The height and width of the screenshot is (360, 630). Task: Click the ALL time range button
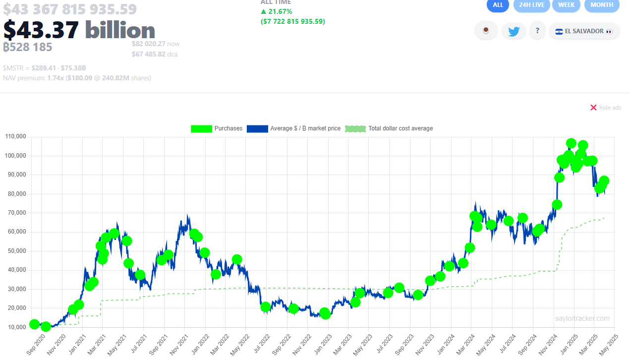(x=498, y=5)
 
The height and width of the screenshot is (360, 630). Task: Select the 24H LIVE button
(x=531, y=5)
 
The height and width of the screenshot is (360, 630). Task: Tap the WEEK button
(x=566, y=5)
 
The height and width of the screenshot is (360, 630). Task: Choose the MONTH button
(x=602, y=5)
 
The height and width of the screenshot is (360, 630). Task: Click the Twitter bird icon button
(x=514, y=31)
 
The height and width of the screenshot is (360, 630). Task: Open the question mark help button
(x=537, y=31)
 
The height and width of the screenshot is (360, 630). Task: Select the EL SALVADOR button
(x=584, y=31)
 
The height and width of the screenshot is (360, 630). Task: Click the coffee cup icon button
(x=486, y=31)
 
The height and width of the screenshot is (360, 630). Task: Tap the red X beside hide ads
(x=593, y=108)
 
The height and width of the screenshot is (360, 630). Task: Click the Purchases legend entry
(x=217, y=128)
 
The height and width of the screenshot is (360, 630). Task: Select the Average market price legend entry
(x=293, y=128)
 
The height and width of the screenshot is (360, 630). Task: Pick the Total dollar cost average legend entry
(x=389, y=128)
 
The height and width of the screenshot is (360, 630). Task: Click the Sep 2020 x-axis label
(x=35, y=344)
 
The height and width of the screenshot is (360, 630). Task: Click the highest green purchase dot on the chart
(x=571, y=143)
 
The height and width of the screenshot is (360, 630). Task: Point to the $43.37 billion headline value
(x=79, y=30)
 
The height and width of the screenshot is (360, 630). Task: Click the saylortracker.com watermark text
(x=582, y=319)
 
